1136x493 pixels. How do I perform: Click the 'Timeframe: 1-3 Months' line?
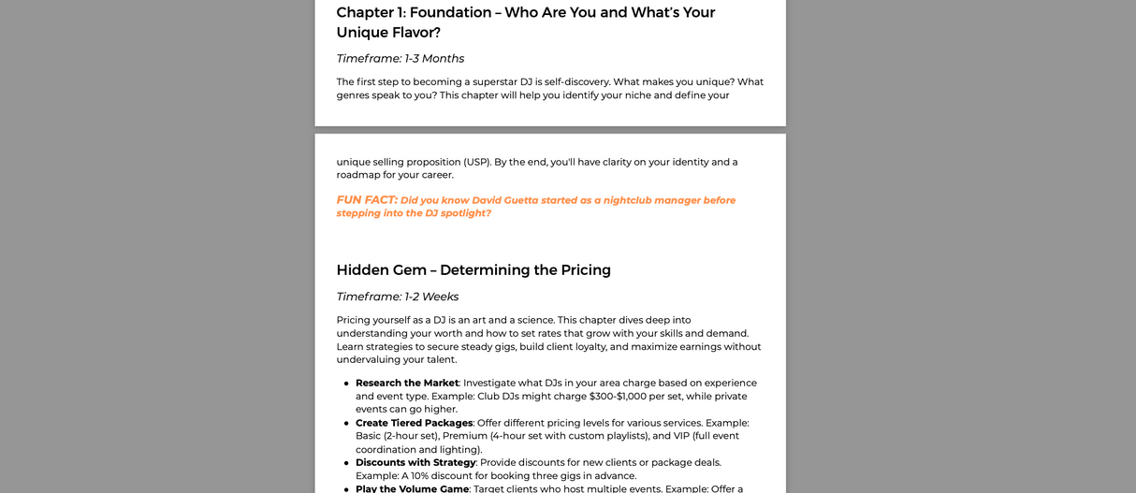[400, 58]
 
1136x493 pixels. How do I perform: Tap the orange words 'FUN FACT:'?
[367, 200]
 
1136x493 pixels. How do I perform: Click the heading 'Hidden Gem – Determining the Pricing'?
[473, 269]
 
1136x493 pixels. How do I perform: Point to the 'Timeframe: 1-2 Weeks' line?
[397, 297]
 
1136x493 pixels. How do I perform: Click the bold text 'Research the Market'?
[407, 383]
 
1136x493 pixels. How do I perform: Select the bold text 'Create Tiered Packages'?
[414, 423]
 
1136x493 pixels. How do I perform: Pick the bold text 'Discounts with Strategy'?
[415, 462]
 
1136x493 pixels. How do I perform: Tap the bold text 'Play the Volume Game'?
[412, 488]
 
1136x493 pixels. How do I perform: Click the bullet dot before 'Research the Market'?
[346, 384]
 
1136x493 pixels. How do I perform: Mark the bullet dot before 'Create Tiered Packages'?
[346, 424]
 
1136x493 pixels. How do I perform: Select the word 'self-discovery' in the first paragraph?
[574, 81]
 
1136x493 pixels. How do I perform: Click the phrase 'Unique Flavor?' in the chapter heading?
[388, 33]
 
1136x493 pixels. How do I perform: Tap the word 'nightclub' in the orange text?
[629, 200]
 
